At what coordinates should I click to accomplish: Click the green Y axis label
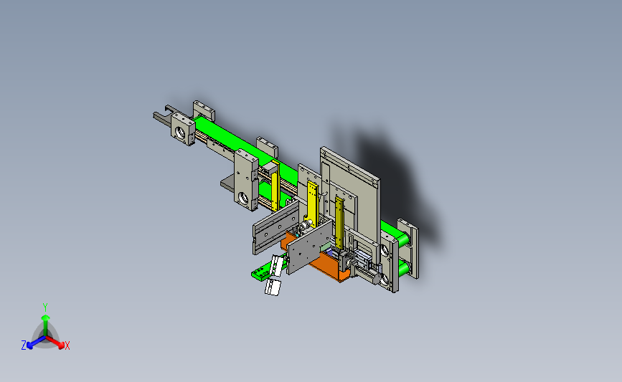coord(45,307)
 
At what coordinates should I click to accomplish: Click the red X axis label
coord(67,345)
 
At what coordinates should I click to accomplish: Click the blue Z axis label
coord(24,345)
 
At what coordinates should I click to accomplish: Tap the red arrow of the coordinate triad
coord(55,343)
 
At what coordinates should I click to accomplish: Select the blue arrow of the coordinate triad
coord(36,343)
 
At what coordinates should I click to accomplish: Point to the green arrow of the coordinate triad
coord(45,327)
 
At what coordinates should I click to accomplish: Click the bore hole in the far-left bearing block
coord(181,133)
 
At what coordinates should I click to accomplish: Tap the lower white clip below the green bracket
coord(273,287)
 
